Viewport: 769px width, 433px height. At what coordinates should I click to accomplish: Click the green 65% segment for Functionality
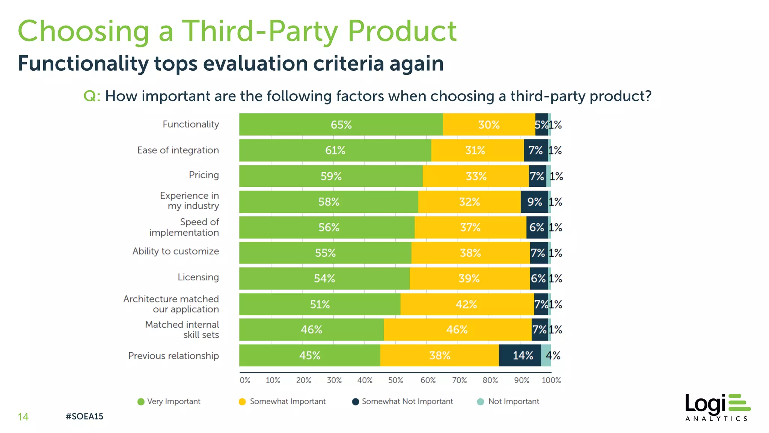click(x=341, y=124)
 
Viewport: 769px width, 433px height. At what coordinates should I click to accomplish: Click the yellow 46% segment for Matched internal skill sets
click(x=457, y=330)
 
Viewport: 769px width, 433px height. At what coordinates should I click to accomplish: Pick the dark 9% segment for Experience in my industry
click(x=534, y=202)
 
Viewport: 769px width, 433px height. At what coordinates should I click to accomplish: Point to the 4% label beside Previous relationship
click(x=553, y=355)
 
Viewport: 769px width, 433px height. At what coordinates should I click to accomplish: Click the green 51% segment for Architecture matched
click(x=320, y=304)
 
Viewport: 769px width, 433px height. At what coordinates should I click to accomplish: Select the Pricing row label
click(x=204, y=175)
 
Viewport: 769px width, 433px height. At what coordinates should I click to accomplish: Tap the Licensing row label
click(x=198, y=277)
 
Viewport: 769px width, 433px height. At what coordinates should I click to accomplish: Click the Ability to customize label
click(x=175, y=251)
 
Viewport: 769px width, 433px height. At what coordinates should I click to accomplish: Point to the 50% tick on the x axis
click(x=395, y=380)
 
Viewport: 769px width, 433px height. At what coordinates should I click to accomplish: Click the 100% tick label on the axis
click(x=551, y=380)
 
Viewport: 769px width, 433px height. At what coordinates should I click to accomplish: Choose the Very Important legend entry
click(x=169, y=401)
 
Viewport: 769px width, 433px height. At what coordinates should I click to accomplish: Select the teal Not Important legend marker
click(x=480, y=402)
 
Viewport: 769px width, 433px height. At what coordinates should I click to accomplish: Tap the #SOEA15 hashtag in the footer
click(x=84, y=416)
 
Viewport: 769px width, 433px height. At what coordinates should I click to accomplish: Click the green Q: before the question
click(x=92, y=96)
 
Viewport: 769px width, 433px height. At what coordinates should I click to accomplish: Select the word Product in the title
click(x=402, y=31)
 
